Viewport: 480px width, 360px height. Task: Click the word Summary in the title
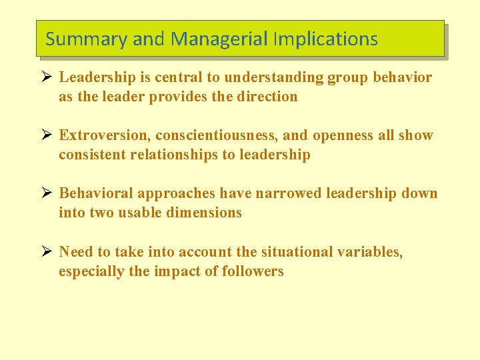86,39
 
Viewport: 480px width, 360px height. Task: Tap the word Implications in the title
325,39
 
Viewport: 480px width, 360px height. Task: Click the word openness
343,135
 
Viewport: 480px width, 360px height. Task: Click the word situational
296,252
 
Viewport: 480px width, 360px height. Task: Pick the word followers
253,271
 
